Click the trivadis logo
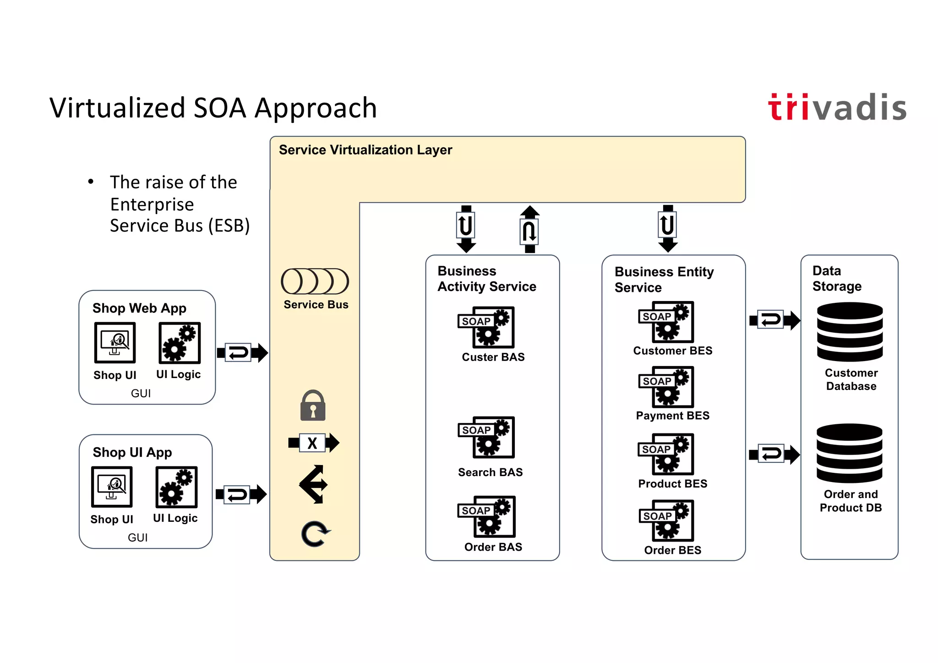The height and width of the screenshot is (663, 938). (x=837, y=108)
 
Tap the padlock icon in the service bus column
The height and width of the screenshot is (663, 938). (x=313, y=406)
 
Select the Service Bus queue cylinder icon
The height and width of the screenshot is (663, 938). (x=315, y=281)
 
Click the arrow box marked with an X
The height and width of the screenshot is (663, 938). (x=313, y=443)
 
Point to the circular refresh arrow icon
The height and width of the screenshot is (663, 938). (x=315, y=534)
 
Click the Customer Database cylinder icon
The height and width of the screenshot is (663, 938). (x=850, y=332)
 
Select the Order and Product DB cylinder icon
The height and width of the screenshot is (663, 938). (x=850, y=453)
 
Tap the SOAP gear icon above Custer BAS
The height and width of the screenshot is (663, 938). (x=487, y=327)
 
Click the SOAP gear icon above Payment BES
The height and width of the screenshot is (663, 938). (x=667, y=387)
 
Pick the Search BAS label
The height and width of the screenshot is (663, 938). (x=490, y=472)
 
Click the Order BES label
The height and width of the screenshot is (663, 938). (x=672, y=550)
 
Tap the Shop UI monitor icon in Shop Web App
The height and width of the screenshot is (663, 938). (x=115, y=343)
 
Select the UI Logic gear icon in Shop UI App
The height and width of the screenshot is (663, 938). (x=176, y=487)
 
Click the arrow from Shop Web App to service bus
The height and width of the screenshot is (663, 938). (x=242, y=353)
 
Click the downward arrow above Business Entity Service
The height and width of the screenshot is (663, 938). (x=668, y=228)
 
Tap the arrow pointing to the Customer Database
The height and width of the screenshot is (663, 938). (x=774, y=320)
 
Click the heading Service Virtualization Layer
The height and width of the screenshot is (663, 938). (x=365, y=150)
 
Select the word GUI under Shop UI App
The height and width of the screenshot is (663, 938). (x=137, y=537)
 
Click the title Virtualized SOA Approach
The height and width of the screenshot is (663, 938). (x=213, y=108)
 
